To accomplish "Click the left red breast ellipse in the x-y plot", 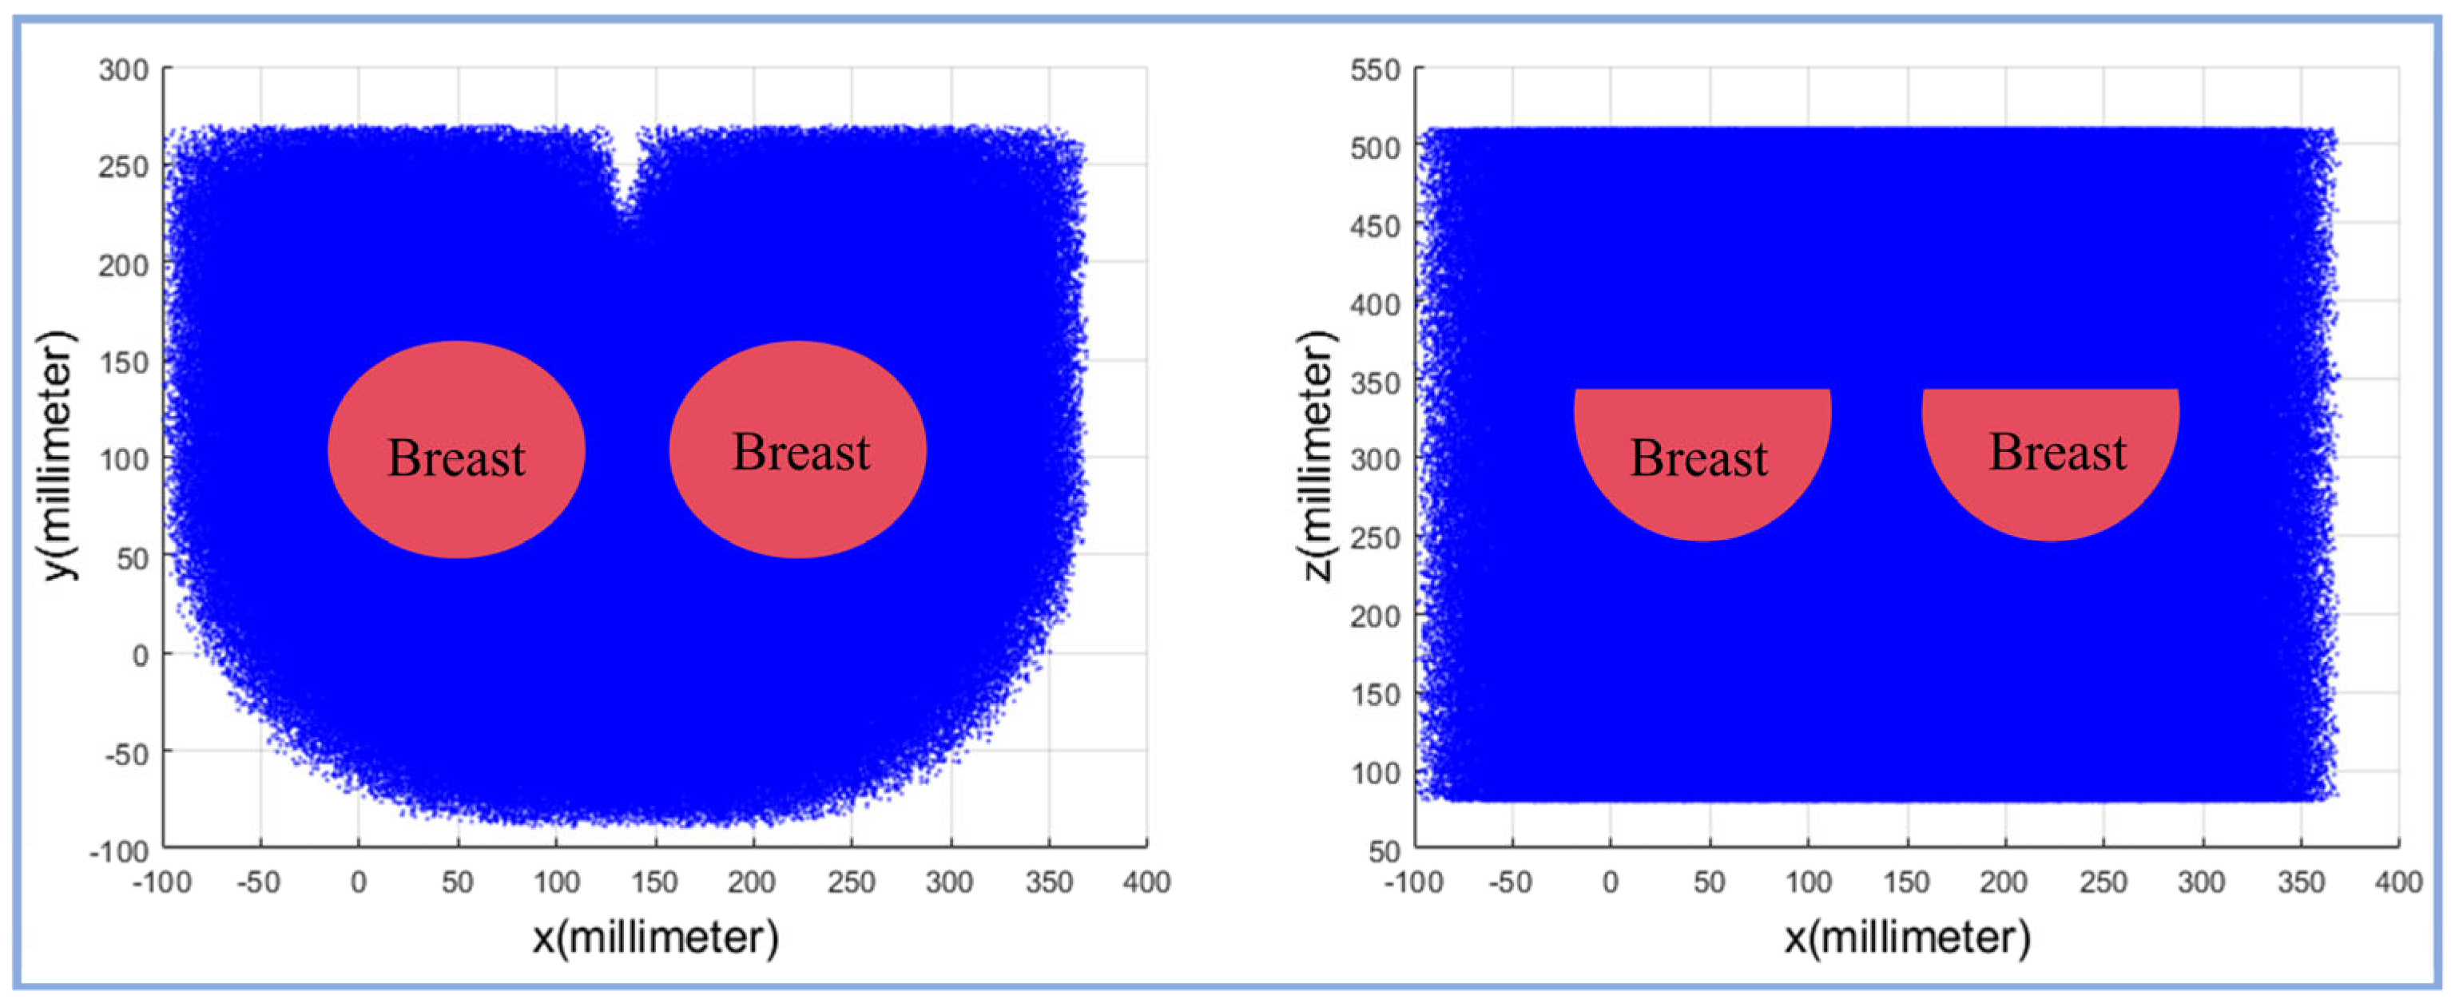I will (457, 449).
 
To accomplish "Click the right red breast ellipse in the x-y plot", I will (797, 449).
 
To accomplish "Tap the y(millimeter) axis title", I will (59, 455).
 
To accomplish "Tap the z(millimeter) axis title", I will (1319, 455).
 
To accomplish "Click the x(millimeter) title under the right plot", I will (1907, 938).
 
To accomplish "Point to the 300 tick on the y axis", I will (124, 69).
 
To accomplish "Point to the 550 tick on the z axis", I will (1375, 69).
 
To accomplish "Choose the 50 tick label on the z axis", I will (1384, 850).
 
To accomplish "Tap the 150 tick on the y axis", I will (124, 363).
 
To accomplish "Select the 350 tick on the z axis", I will (1375, 383).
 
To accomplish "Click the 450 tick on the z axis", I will (1375, 227).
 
